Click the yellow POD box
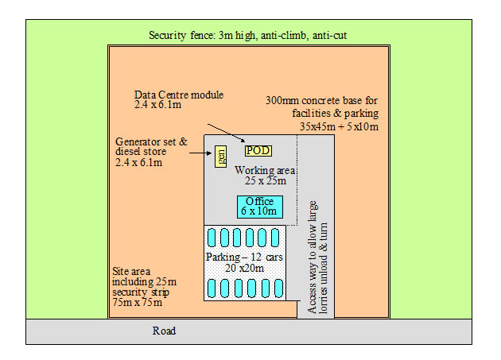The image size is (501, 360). (257, 150)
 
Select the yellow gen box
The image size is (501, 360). (221, 156)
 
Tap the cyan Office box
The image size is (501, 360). (260, 206)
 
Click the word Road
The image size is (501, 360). (164, 331)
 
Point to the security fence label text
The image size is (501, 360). (247, 36)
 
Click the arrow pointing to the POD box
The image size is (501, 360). (227, 134)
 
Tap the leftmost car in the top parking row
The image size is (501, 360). (212, 238)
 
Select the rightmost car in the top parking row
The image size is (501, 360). (276, 238)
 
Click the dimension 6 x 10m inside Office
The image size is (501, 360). (260, 211)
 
